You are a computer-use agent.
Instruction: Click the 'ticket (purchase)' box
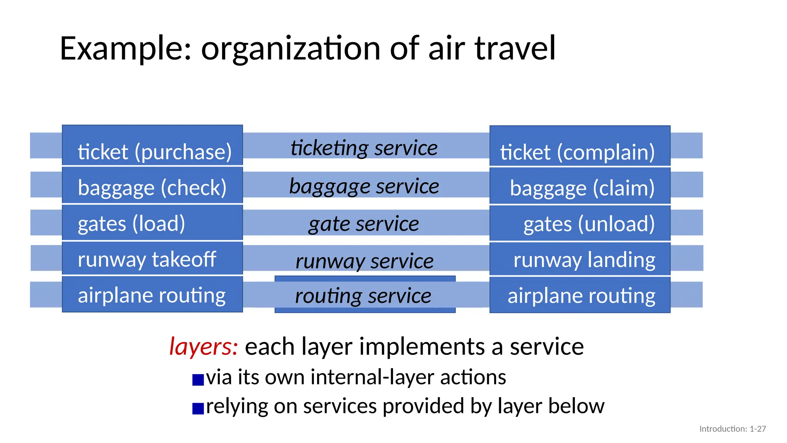click(x=153, y=145)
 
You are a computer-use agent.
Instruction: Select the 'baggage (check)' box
click(x=153, y=185)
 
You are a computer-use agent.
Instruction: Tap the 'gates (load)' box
click(x=153, y=223)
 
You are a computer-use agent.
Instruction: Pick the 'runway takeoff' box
click(x=153, y=258)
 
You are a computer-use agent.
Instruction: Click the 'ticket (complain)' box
click(x=580, y=146)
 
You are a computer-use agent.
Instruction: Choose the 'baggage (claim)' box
click(x=580, y=186)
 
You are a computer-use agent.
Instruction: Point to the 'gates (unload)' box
click(x=580, y=223)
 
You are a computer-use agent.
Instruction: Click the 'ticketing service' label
click(x=364, y=148)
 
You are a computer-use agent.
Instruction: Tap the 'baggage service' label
click(x=364, y=187)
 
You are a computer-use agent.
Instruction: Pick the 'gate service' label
click(x=364, y=224)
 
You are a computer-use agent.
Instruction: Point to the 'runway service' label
click(x=365, y=261)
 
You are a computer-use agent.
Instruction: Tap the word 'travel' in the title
click(x=515, y=48)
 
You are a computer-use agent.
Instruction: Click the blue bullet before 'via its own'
click(x=198, y=380)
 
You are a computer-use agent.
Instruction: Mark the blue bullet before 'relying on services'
click(x=198, y=408)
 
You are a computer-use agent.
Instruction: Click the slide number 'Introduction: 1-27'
click(x=732, y=429)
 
